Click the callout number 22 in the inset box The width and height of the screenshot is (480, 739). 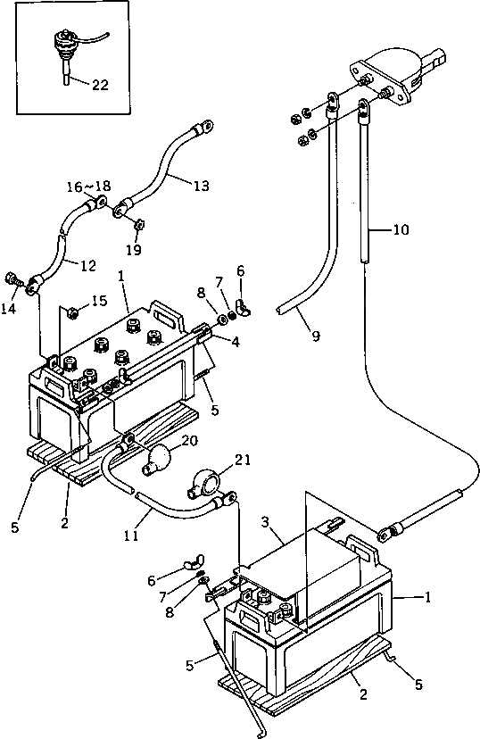pyautogui.click(x=100, y=85)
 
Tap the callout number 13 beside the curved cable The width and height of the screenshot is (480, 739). pyautogui.click(x=201, y=186)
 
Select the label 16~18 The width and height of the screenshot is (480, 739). pyautogui.click(x=88, y=187)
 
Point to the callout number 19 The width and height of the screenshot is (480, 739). pyautogui.click(x=134, y=249)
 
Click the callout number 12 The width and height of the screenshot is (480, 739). pyautogui.click(x=88, y=266)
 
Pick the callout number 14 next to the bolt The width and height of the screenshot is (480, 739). pyautogui.click(x=9, y=309)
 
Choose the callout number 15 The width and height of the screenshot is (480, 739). pyautogui.click(x=99, y=301)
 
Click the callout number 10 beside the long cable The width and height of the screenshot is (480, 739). pyautogui.click(x=401, y=230)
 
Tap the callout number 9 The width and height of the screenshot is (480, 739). pyautogui.click(x=316, y=336)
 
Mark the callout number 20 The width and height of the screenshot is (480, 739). pyautogui.click(x=189, y=441)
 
